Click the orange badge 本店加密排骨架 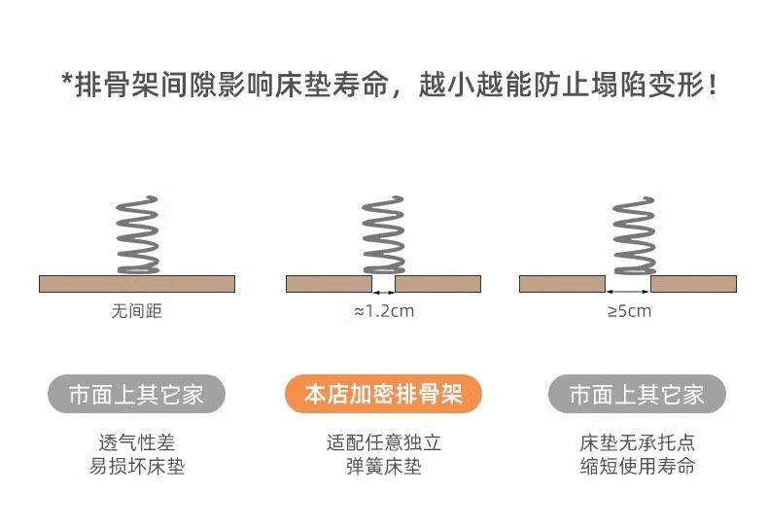[x=383, y=394]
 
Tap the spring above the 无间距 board [x=138, y=235]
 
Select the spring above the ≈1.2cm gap [x=383, y=235]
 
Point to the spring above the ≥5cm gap [x=634, y=235]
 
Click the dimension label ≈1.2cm [x=384, y=311]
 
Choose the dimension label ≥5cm [x=629, y=311]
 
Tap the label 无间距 [x=137, y=311]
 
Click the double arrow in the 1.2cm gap [x=383, y=293]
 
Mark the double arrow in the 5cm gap [x=628, y=292]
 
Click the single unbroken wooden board [x=137, y=284]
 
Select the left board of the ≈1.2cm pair [x=330, y=284]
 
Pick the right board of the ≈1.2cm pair [x=437, y=284]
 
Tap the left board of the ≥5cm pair [x=562, y=284]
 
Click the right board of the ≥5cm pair [x=693, y=284]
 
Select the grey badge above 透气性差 [x=136, y=394]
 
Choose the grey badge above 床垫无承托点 [x=637, y=394]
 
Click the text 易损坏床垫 [x=137, y=467]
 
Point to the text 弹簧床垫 [x=383, y=467]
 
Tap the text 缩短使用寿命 [x=637, y=466]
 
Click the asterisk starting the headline [x=68, y=79]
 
